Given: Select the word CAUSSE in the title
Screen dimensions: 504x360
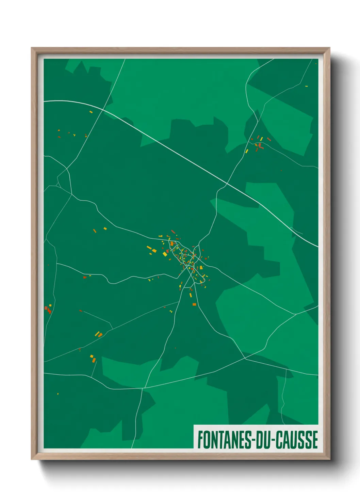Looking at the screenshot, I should (x=296, y=440).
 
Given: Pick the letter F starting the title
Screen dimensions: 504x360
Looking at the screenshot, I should (x=200, y=440).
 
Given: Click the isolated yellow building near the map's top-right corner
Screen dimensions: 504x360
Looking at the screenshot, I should (x=306, y=86).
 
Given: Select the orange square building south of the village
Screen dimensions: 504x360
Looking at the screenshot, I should (x=194, y=304).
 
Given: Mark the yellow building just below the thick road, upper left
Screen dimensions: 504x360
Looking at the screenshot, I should (x=91, y=112).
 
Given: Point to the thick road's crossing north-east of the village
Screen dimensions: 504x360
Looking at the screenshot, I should (x=227, y=184).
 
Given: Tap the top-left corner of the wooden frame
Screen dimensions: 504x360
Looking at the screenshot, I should (x=32, y=48).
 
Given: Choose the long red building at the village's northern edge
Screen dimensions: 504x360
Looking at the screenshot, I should (x=173, y=232).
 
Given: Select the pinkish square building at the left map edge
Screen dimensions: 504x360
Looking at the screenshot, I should (x=46, y=308).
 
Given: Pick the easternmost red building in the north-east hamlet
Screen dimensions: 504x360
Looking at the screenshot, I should (x=269, y=139).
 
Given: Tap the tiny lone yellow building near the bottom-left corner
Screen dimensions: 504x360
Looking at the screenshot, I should (x=58, y=394).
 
